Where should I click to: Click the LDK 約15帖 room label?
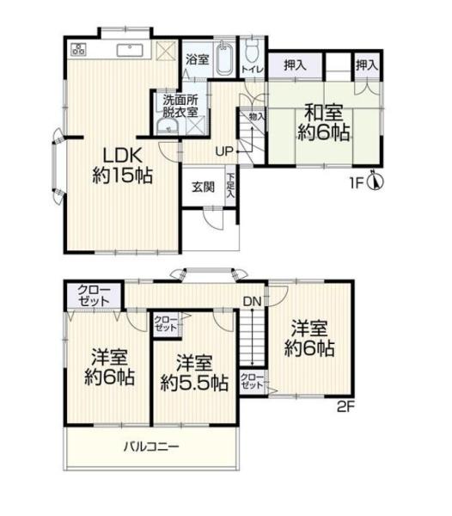[122, 165]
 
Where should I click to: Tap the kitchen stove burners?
[78, 49]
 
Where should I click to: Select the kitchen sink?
[130, 50]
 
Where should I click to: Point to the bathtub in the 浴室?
[224, 60]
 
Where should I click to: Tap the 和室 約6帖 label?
[323, 123]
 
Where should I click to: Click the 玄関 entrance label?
[203, 187]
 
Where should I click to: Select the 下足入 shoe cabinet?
[231, 187]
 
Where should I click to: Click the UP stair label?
[224, 151]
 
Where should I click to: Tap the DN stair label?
[253, 301]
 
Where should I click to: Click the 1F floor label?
[357, 183]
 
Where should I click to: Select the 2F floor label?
[345, 408]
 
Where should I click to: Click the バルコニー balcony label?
[152, 446]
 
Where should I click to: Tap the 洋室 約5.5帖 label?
[194, 372]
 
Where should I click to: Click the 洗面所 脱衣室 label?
[180, 106]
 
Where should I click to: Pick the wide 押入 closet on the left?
[295, 65]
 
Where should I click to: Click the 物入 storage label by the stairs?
[257, 116]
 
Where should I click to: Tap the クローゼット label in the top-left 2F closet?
[94, 296]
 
